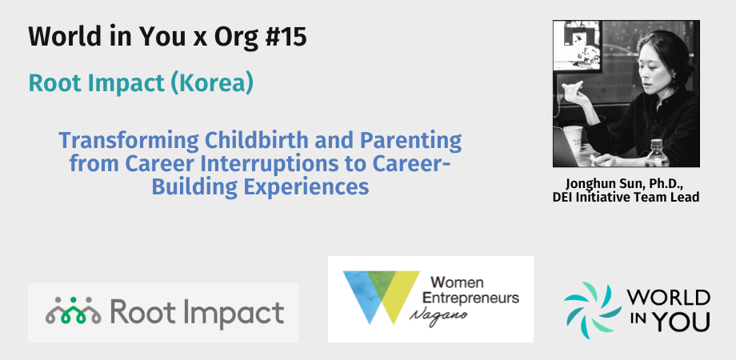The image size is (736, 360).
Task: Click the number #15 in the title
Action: pyautogui.click(x=286, y=37)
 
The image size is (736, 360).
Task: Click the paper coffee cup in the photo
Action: pyautogui.click(x=573, y=138)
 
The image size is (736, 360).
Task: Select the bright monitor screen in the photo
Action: pyautogui.click(x=577, y=46)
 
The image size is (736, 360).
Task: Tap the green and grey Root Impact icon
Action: pyautogui.click(x=74, y=310)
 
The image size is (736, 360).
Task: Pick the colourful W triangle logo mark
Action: pyautogui.click(x=381, y=297)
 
